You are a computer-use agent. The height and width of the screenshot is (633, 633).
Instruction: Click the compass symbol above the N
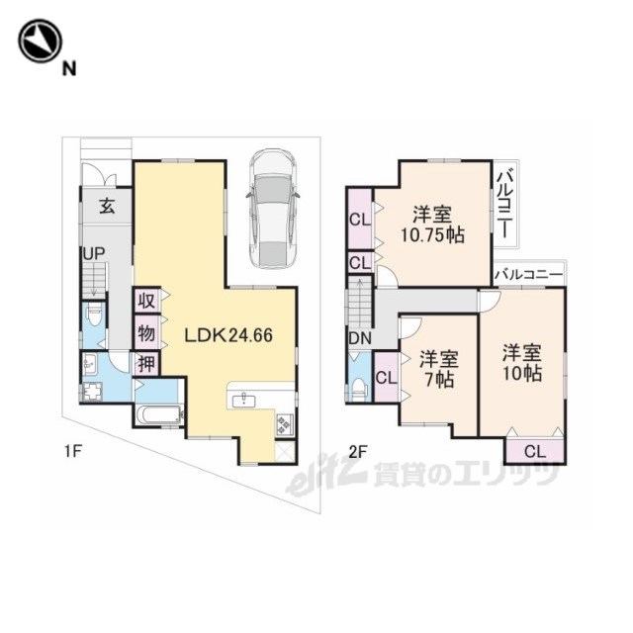pyautogui.click(x=40, y=41)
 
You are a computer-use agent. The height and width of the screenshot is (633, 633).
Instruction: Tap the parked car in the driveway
pyautogui.click(x=272, y=209)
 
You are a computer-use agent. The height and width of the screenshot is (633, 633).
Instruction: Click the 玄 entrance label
pyautogui.click(x=108, y=207)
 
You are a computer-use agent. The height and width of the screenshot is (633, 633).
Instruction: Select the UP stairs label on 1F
pyautogui.click(x=94, y=254)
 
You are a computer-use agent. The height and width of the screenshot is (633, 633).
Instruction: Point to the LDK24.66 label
pyautogui.click(x=228, y=335)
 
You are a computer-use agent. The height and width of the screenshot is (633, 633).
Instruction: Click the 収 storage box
pyautogui.click(x=147, y=301)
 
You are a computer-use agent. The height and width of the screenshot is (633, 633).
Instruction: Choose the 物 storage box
pyautogui.click(x=147, y=333)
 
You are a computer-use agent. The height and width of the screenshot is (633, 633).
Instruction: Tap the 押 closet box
pyautogui.click(x=147, y=364)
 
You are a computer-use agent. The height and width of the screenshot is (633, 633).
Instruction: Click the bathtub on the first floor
pyautogui.click(x=158, y=414)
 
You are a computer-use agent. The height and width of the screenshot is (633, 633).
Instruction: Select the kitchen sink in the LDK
pyautogui.click(x=244, y=401)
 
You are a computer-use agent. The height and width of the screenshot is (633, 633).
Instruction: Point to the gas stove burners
pyautogui.click(x=285, y=423)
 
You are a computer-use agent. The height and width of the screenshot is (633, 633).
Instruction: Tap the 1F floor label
pyautogui.click(x=73, y=451)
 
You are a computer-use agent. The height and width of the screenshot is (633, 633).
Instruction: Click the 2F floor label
pyautogui.click(x=358, y=452)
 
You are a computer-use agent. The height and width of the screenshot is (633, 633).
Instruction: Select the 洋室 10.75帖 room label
pyautogui.click(x=432, y=225)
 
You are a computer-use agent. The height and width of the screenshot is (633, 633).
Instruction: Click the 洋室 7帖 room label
pyautogui.click(x=439, y=369)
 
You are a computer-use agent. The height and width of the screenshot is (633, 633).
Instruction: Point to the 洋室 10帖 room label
pyautogui.click(x=522, y=363)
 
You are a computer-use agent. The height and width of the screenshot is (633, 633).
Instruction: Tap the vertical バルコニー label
pyautogui.click(x=504, y=205)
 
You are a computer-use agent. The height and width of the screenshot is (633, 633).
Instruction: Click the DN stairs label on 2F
pyautogui.click(x=360, y=338)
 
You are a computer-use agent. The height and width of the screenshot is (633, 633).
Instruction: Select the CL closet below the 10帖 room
pyautogui.click(x=534, y=451)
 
